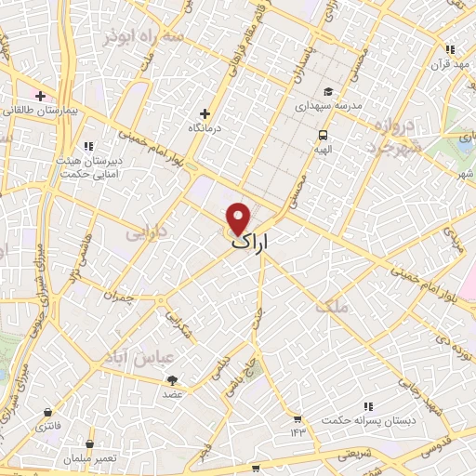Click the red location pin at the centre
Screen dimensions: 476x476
tap(239, 217)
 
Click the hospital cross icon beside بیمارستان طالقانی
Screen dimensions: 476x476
tap(40, 96)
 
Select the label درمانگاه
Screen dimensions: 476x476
tap(205, 127)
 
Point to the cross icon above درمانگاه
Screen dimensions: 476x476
tap(205, 113)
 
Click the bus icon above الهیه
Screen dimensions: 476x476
tap(322, 133)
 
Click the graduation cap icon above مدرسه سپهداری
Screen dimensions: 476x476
tap(327, 92)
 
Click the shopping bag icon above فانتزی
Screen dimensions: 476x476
tap(46, 411)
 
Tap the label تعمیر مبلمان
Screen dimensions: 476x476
tap(89, 457)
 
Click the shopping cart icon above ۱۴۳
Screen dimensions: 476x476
tap(297, 418)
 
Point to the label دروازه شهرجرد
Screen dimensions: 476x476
tap(393, 136)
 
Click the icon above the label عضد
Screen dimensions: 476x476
tap(172, 379)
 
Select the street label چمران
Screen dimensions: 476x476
tap(121, 299)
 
